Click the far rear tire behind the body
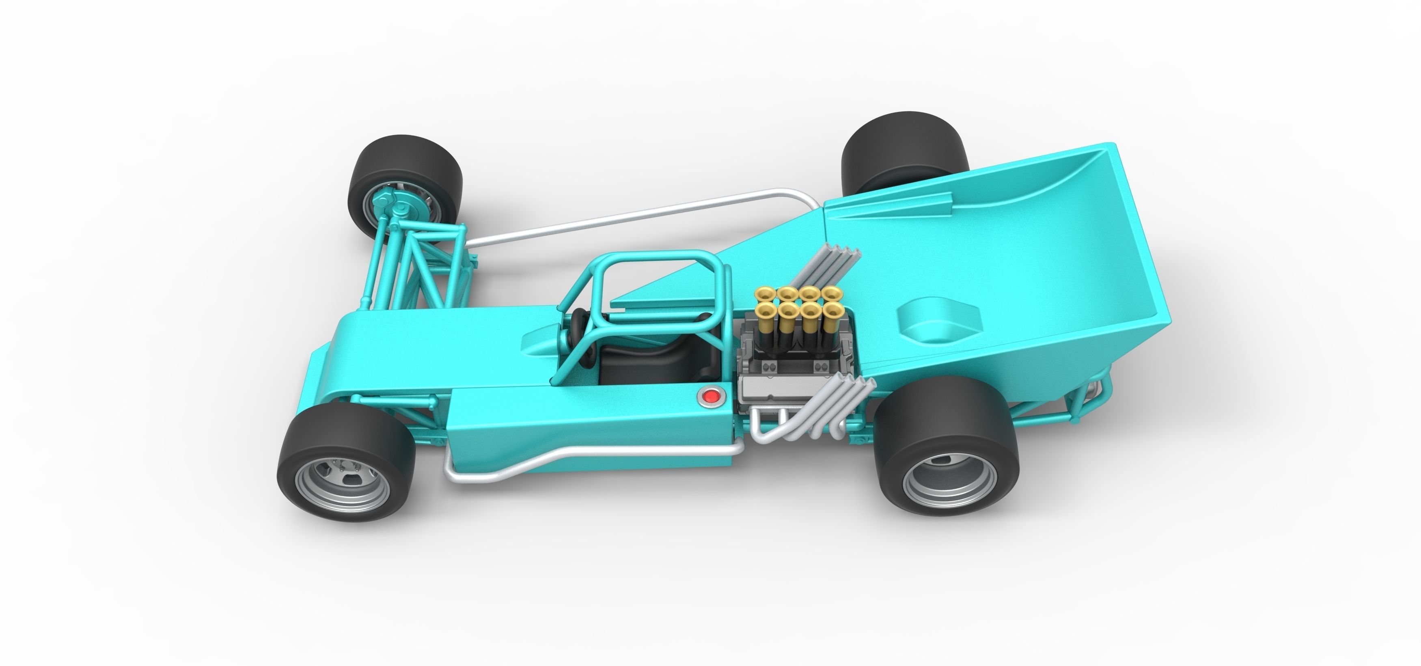tap(905, 149)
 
